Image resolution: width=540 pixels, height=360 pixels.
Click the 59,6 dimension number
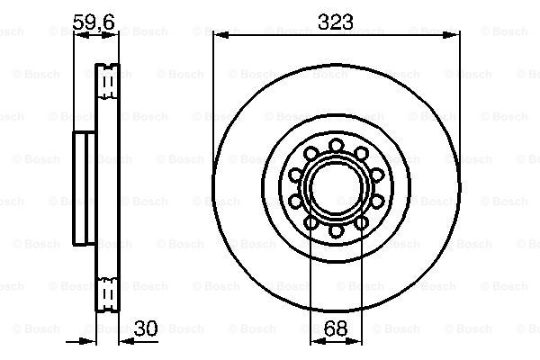click(x=94, y=22)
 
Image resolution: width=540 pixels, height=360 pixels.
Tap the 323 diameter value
click(x=336, y=22)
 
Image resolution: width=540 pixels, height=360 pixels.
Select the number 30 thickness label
click(x=146, y=328)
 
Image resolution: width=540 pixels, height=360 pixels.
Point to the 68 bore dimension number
click(x=336, y=328)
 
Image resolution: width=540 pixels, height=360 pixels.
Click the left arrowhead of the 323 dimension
click(x=221, y=35)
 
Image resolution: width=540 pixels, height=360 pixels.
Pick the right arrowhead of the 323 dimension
click(x=451, y=35)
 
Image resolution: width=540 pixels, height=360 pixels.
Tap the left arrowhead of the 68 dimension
click(x=318, y=341)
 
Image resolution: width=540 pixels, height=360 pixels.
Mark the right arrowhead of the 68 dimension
click(x=354, y=341)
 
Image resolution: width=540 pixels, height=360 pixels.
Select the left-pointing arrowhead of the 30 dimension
click(x=127, y=341)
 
